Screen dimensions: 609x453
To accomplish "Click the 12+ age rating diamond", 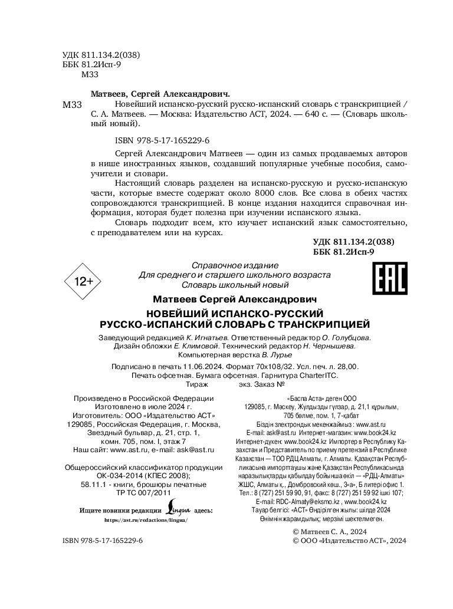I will [x=83, y=282].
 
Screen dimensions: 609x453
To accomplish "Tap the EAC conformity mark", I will [x=390, y=278].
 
